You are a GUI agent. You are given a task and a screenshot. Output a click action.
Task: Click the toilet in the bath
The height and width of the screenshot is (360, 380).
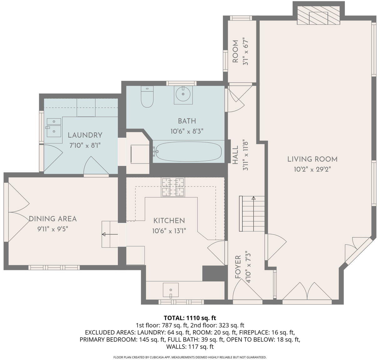point(147,96)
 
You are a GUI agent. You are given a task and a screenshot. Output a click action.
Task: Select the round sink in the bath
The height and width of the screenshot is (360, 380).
point(183,95)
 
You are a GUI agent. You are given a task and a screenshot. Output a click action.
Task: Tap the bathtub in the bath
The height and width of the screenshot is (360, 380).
point(189,152)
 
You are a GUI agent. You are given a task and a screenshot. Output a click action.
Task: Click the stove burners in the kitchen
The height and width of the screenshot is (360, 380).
point(173,187)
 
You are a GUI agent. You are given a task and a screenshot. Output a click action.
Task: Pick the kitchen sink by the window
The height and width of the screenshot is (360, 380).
point(171,290)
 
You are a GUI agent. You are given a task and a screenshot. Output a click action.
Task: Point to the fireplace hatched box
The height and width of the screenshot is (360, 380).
point(318,15)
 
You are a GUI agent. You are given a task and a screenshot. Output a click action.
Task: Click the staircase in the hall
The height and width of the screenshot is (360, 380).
point(252,214)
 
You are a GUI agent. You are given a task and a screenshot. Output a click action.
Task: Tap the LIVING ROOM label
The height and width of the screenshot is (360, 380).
point(312,159)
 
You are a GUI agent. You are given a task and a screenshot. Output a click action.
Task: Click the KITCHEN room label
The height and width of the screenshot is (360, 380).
point(169,221)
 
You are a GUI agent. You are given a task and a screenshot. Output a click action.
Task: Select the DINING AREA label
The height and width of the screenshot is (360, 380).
point(53,219)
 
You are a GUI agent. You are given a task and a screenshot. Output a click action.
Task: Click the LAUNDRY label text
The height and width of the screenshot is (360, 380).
point(85,135)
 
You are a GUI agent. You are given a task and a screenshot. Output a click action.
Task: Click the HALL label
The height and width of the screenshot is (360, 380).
point(235,155)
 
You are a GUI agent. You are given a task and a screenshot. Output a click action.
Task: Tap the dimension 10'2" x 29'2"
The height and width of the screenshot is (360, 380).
point(312,170)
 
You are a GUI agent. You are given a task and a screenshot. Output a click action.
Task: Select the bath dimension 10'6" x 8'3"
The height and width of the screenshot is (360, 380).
point(187,132)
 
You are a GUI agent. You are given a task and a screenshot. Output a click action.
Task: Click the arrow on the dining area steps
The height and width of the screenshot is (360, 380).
point(110,234)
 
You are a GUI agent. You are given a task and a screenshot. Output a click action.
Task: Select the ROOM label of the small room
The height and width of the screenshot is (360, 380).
point(235,52)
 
